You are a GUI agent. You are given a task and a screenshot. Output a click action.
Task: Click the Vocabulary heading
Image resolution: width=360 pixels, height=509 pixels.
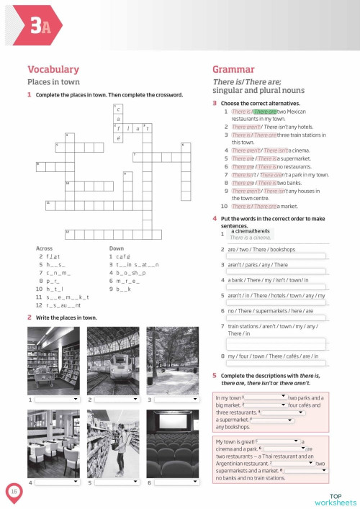pos(53,69)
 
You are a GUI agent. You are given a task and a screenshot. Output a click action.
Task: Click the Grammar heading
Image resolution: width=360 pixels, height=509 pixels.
pos(233,69)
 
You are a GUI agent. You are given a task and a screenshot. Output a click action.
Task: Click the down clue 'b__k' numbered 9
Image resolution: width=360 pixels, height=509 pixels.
pos(118,288)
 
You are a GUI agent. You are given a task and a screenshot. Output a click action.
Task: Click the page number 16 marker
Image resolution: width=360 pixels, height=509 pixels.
pos(14,491)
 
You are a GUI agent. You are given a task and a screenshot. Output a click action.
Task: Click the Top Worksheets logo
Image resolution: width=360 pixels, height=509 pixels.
pos(335,499)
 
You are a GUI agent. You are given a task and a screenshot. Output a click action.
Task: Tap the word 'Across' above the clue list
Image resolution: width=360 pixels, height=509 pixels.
pos(44,248)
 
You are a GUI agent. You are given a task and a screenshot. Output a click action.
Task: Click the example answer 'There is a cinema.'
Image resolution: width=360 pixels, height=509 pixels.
pos(251,237)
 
